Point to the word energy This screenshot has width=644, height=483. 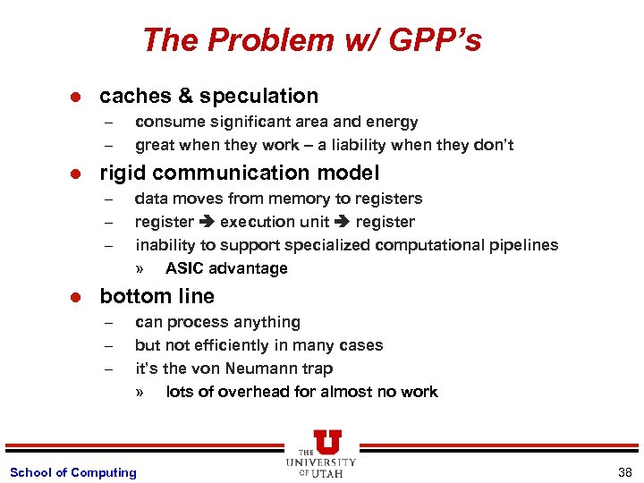tap(393, 122)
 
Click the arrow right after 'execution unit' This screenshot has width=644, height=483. tap(342, 222)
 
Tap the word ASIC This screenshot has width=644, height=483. tap(184, 268)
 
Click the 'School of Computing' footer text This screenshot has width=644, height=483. tap(72, 472)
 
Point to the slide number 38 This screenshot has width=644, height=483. tap(624, 472)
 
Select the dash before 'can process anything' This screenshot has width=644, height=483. tap(107, 323)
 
